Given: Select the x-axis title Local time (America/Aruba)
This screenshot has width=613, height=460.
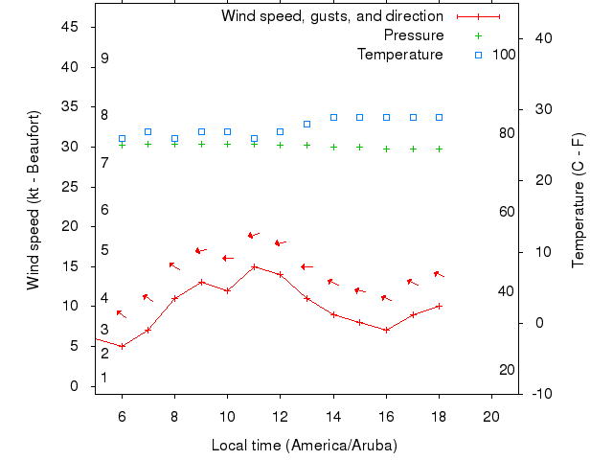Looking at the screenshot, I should point(304,446).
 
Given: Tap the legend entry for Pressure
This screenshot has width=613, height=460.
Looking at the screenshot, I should point(413,35).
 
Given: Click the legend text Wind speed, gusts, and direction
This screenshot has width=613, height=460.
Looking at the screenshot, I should point(331,16).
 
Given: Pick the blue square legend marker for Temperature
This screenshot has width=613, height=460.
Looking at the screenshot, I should point(478,55).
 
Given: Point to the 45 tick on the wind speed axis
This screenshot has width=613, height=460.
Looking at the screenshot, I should point(70,27).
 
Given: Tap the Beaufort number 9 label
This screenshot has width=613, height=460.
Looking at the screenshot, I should point(104,58).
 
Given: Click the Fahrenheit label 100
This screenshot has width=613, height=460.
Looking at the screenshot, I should point(504,55).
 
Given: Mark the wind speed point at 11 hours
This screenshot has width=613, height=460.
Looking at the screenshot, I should point(254,266).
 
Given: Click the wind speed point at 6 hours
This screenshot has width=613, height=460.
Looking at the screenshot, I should point(122,346).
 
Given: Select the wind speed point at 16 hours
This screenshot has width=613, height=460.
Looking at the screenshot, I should point(386,330).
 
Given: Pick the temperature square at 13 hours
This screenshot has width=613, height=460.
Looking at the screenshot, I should point(306,124).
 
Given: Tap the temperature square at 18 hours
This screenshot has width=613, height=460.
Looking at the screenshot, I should point(439,117).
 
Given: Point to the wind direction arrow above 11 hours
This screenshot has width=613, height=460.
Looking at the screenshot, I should point(254,235).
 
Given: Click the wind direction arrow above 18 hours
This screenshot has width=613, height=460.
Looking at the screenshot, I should point(439,274).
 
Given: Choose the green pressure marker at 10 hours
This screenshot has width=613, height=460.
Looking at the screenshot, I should point(227,144).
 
